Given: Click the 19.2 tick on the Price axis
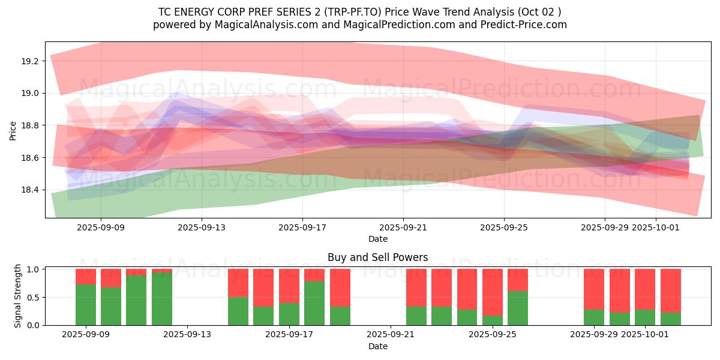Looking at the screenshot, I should point(30,61).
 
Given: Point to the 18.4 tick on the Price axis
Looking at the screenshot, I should point(30,190).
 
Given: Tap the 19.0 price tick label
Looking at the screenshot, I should point(30,93).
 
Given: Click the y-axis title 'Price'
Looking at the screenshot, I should point(13,130).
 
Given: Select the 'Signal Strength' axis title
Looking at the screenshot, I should point(17,296).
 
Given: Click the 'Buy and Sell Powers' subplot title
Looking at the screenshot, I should point(377,257).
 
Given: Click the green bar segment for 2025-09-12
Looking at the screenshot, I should point(162,299).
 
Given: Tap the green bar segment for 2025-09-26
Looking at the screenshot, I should point(518,308).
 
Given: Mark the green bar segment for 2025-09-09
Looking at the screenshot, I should point(86,305).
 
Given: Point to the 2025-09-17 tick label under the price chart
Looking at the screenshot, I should point(302,227).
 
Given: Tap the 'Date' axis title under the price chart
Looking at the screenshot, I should point(377,239).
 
